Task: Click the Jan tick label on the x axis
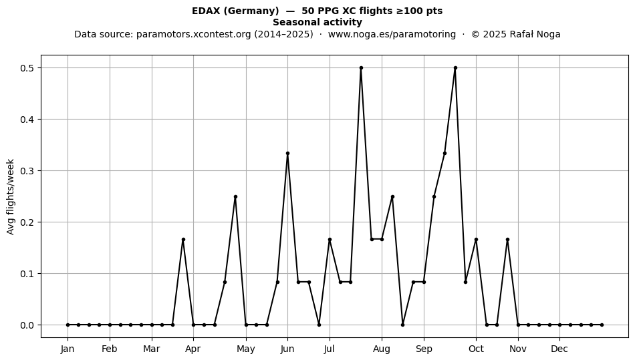point(68,349)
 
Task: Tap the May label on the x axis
point(246,349)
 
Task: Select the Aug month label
point(382,349)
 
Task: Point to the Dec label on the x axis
point(559,349)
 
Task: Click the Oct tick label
point(476,349)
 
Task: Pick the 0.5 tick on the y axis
point(27,68)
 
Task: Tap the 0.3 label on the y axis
point(27,171)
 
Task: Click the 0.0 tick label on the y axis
point(27,325)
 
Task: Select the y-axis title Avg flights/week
point(11,196)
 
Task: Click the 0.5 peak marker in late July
point(361,68)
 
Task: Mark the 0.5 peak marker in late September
point(455,68)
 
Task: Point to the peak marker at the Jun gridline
point(287,154)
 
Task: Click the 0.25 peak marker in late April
point(235,196)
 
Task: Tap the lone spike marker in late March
point(183,240)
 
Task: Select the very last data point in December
point(602,325)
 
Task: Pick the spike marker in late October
point(507,240)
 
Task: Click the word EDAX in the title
point(206,11)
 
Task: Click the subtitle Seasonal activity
point(317,22)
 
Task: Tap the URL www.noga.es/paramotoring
point(392,34)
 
